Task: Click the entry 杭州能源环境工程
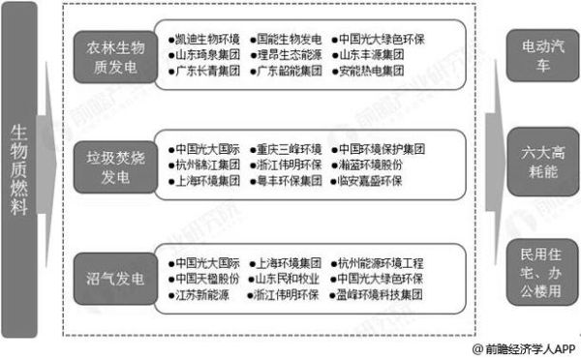(x=379, y=262)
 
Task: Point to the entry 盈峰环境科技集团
(x=379, y=293)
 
